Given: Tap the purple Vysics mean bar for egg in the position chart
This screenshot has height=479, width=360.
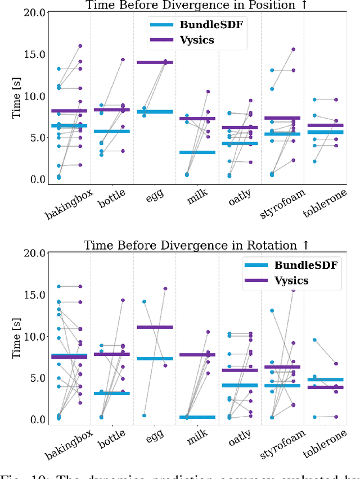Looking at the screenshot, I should pos(155,62).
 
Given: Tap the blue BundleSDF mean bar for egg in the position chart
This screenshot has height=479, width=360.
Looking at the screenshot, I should pos(155,112).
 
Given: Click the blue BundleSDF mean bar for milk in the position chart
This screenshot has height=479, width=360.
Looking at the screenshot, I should pos(197,152).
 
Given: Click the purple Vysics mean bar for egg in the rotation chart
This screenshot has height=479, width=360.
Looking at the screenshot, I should pos(155,327).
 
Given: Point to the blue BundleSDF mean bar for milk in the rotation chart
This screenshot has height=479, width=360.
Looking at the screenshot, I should pos(197,417).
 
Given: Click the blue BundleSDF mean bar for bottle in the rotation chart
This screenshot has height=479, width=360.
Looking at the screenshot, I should pos(112,394).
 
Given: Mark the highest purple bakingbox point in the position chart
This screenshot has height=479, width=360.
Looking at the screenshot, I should pos(80,46).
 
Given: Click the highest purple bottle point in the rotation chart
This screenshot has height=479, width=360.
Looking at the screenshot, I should pos(123,300).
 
